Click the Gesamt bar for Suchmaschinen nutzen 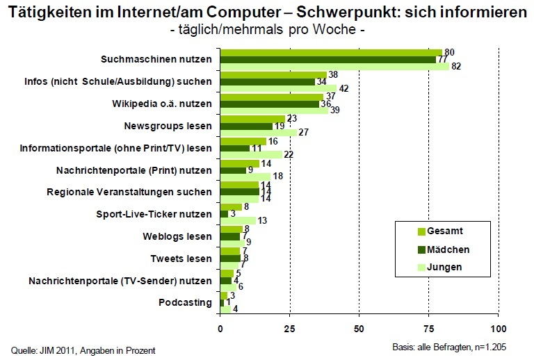331,52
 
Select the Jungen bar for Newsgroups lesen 258,133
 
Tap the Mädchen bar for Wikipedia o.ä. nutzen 270,104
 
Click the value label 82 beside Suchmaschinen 455,67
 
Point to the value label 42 344,88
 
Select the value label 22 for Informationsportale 289,155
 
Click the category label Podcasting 186,303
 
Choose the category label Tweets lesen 181,259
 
